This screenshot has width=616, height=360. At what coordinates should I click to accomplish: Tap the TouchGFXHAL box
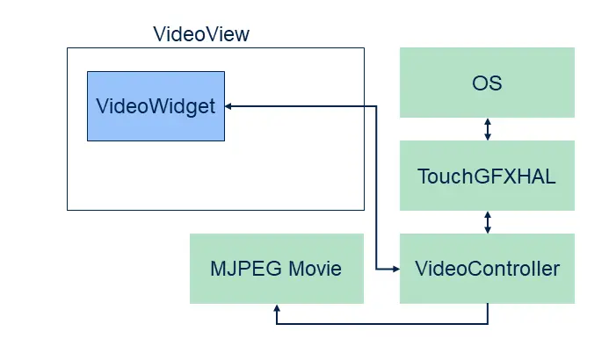487,176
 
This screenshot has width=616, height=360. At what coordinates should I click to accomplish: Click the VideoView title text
201,35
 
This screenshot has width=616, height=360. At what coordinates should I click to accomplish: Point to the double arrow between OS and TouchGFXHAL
488,129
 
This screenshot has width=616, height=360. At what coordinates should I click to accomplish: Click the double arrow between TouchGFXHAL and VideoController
488,222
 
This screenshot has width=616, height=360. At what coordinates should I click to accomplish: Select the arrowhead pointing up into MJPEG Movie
277,309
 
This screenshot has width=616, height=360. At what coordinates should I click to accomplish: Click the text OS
487,83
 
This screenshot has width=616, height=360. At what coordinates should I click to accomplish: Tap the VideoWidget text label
156,107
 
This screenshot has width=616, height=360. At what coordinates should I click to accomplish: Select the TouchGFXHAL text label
487,176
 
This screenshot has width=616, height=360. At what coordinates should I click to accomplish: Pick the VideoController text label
487,269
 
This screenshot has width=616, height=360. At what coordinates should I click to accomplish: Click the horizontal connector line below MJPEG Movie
382,323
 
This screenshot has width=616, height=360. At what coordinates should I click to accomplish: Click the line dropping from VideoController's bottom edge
488,313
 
